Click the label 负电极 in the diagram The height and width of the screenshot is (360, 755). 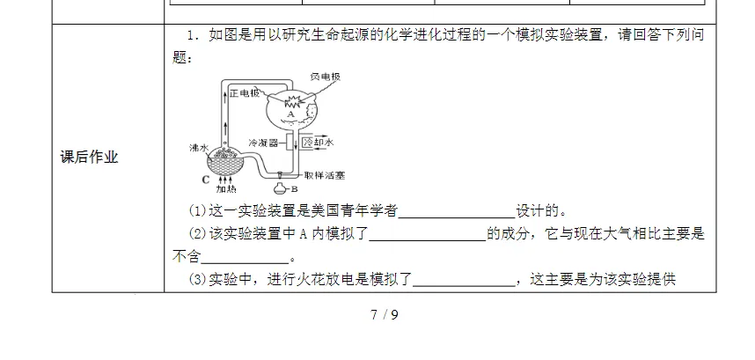(x=324, y=77)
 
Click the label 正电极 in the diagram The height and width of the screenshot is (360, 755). (x=244, y=92)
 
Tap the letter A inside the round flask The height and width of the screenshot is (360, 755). (x=290, y=114)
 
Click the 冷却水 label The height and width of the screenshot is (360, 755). (x=318, y=141)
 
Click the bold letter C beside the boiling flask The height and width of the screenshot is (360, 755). (x=204, y=180)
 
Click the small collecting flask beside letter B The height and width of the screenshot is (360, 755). (x=281, y=186)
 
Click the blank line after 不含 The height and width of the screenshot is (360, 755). (x=246, y=258)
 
